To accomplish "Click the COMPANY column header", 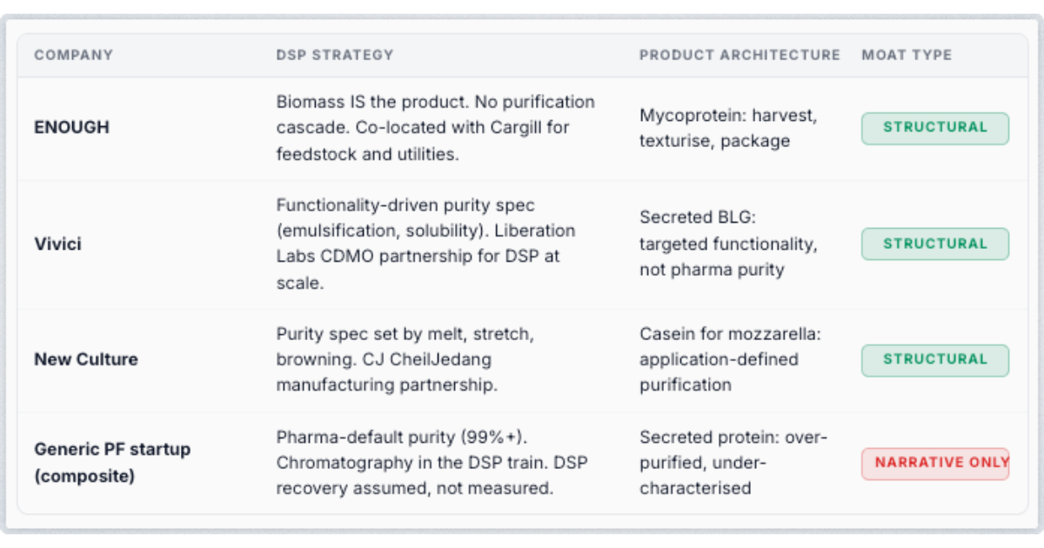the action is pyautogui.click(x=74, y=55).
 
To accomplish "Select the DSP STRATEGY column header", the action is pyautogui.click(x=335, y=55).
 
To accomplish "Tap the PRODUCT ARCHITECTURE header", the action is pyautogui.click(x=739, y=55).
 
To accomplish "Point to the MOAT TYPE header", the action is pyautogui.click(x=907, y=55).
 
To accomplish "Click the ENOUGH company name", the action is pyautogui.click(x=71, y=127).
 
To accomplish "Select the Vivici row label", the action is pyautogui.click(x=57, y=244).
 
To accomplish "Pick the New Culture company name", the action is pyautogui.click(x=86, y=359).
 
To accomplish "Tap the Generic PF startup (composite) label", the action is pyautogui.click(x=112, y=462).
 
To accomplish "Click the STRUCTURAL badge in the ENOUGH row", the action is pyautogui.click(x=935, y=128).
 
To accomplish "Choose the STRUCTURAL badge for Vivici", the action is pyautogui.click(x=935, y=244).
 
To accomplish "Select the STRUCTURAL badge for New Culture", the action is pyautogui.click(x=935, y=360).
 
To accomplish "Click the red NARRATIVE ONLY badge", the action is pyautogui.click(x=935, y=464).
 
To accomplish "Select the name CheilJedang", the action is pyautogui.click(x=440, y=360).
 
